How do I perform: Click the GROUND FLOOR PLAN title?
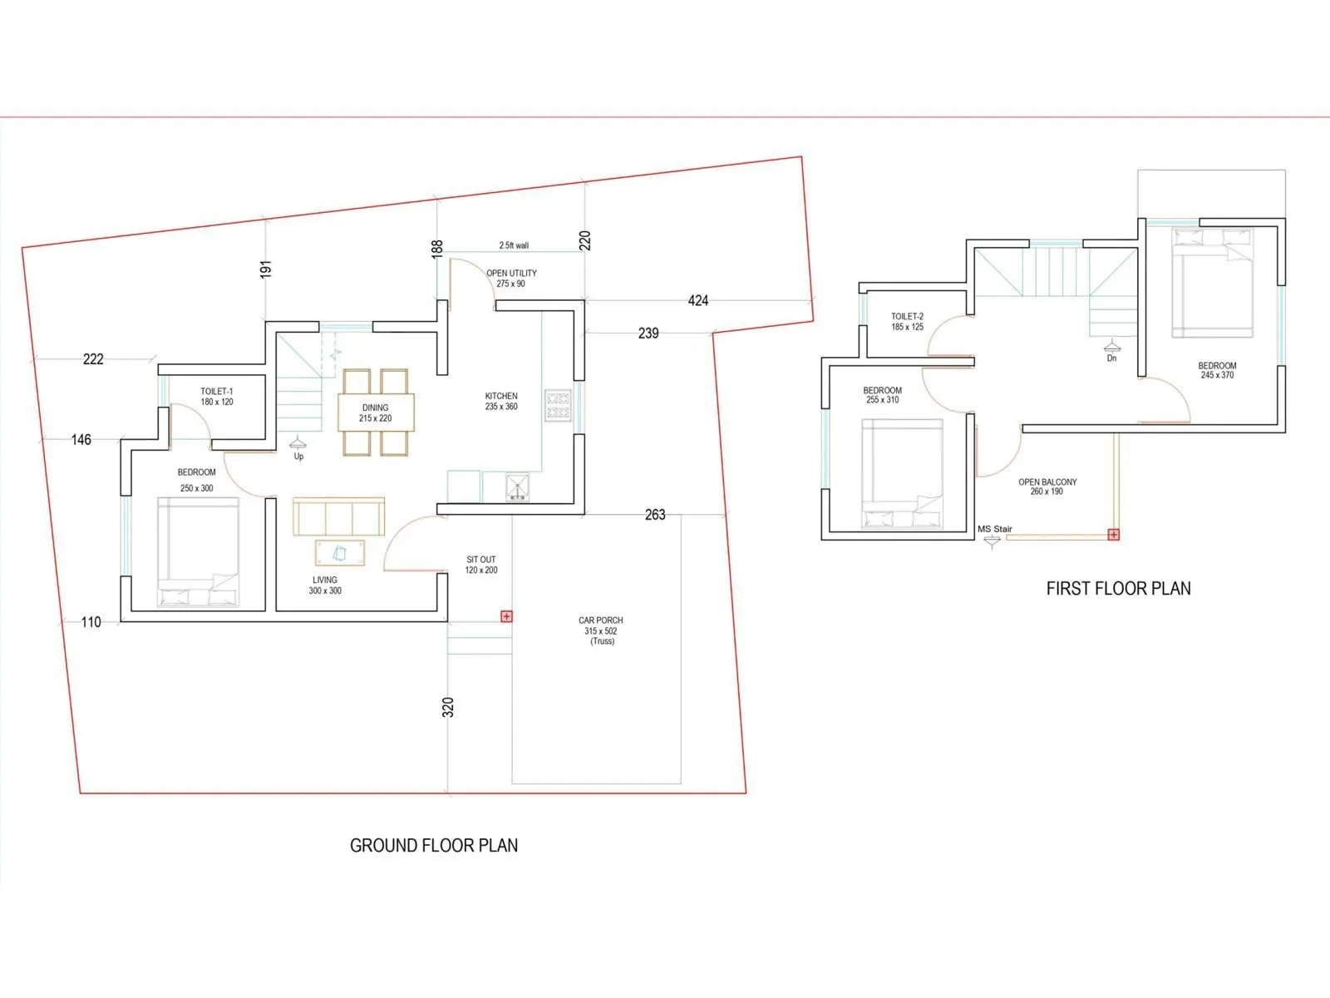click(x=433, y=845)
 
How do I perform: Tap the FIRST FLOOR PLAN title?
click(x=1117, y=588)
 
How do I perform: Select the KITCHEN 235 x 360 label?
click(x=501, y=401)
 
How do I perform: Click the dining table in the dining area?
click(x=376, y=413)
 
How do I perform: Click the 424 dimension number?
click(x=698, y=300)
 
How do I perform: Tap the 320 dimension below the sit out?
click(x=448, y=707)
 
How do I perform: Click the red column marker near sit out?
click(x=506, y=616)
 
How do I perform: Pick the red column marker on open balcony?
click(x=1113, y=535)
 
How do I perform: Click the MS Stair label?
click(x=995, y=529)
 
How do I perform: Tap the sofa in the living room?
click(x=338, y=516)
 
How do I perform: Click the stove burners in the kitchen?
click(x=558, y=405)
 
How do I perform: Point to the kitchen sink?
click(x=517, y=487)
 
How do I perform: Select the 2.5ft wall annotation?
click(x=514, y=245)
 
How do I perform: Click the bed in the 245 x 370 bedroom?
click(x=1212, y=283)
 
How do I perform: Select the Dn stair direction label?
click(x=1111, y=358)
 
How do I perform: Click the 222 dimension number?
click(x=93, y=358)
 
